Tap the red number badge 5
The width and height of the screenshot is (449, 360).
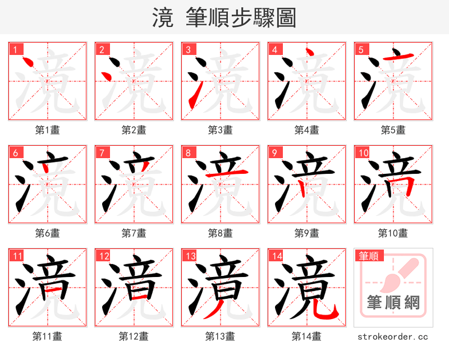[x=361, y=49]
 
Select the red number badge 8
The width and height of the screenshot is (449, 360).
[x=188, y=153]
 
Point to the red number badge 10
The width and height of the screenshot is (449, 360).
[x=363, y=153]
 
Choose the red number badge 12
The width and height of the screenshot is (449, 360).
[x=103, y=256]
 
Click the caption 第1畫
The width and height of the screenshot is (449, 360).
[x=48, y=130]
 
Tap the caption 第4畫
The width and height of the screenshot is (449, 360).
[x=307, y=130]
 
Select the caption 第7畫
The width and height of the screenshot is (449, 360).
[x=134, y=233]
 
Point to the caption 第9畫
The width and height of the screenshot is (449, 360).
[x=307, y=233]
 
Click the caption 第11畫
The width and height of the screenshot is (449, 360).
[x=48, y=336]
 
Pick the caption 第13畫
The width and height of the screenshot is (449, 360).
[x=221, y=336]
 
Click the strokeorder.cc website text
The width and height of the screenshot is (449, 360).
[x=393, y=336]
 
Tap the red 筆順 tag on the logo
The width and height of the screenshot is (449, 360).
[x=368, y=256]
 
